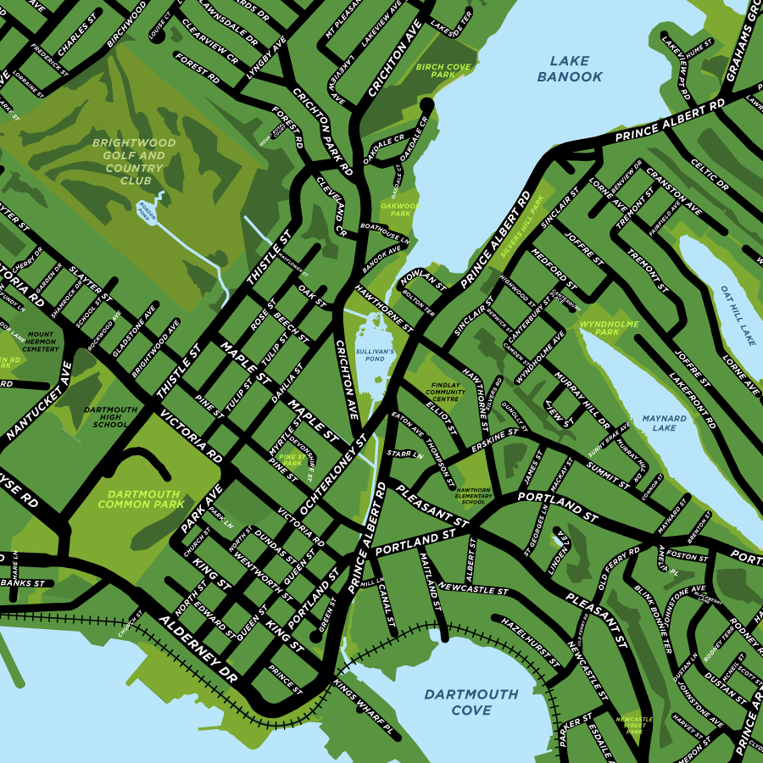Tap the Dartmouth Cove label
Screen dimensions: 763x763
(471, 702)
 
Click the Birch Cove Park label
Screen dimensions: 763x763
(437, 70)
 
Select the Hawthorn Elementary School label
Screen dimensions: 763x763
(473, 495)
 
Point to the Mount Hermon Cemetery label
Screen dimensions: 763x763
(41, 342)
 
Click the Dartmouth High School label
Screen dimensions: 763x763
(110, 416)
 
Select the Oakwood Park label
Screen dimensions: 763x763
(395, 209)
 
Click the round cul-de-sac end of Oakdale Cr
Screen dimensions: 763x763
(426, 104)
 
